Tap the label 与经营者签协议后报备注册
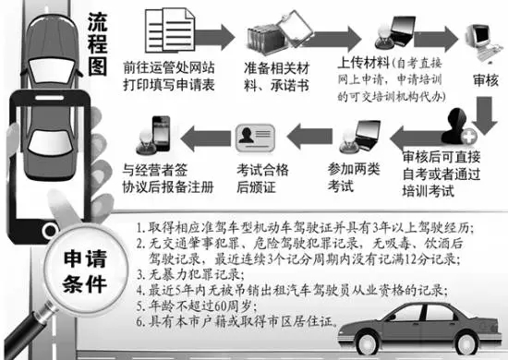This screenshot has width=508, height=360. pyautogui.click(x=163, y=176)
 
